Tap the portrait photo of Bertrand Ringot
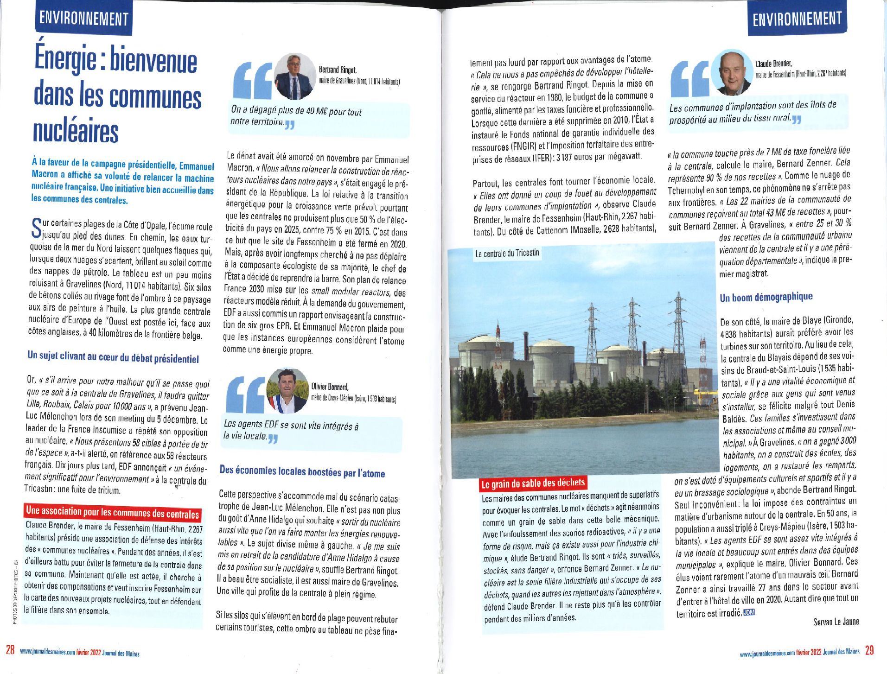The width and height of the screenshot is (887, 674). click(295, 76)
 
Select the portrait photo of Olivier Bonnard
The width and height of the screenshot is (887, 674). click(288, 390)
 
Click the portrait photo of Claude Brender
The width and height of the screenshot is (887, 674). click(732, 72)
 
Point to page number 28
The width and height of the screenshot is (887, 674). click(10, 650)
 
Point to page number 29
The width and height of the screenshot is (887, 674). click(869, 650)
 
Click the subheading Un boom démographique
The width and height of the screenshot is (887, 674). click(766, 297)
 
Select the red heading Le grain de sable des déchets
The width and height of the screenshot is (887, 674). click(533, 483)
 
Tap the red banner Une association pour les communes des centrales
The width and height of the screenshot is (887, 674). click(113, 512)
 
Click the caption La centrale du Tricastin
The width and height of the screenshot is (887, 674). click(507, 253)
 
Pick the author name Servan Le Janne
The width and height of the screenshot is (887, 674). click(836, 622)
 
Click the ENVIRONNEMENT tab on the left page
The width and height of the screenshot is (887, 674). click(84, 18)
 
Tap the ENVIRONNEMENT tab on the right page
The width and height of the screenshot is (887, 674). click(797, 19)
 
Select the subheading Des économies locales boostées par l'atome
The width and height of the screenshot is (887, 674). click(302, 471)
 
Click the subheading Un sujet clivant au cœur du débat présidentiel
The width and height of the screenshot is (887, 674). click(113, 357)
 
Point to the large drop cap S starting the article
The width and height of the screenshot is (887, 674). click(36, 228)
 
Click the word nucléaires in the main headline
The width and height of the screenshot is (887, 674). click(76, 131)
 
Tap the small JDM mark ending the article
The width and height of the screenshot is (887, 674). click(749, 612)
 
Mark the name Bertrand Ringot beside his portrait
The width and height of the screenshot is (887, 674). click(337, 70)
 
